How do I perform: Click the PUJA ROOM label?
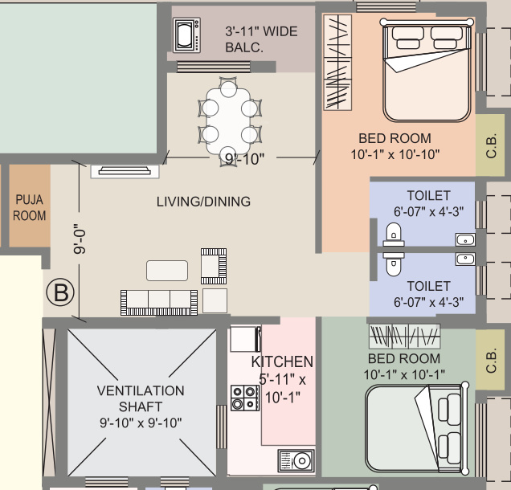(29, 207)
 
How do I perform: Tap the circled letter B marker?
(59, 292)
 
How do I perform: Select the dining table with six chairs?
(229, 119)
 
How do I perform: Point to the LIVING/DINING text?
(203, 202)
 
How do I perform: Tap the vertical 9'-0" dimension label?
(80, 239)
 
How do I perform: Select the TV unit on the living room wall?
(124, 170)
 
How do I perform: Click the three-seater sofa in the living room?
(159, 302)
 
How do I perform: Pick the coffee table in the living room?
(167, 270)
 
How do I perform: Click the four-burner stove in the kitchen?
(244, 398)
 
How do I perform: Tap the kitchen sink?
(296, 461)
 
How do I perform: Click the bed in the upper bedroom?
(426, 71)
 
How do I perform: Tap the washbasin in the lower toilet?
(465, 259)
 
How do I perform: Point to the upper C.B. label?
(490, 145)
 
